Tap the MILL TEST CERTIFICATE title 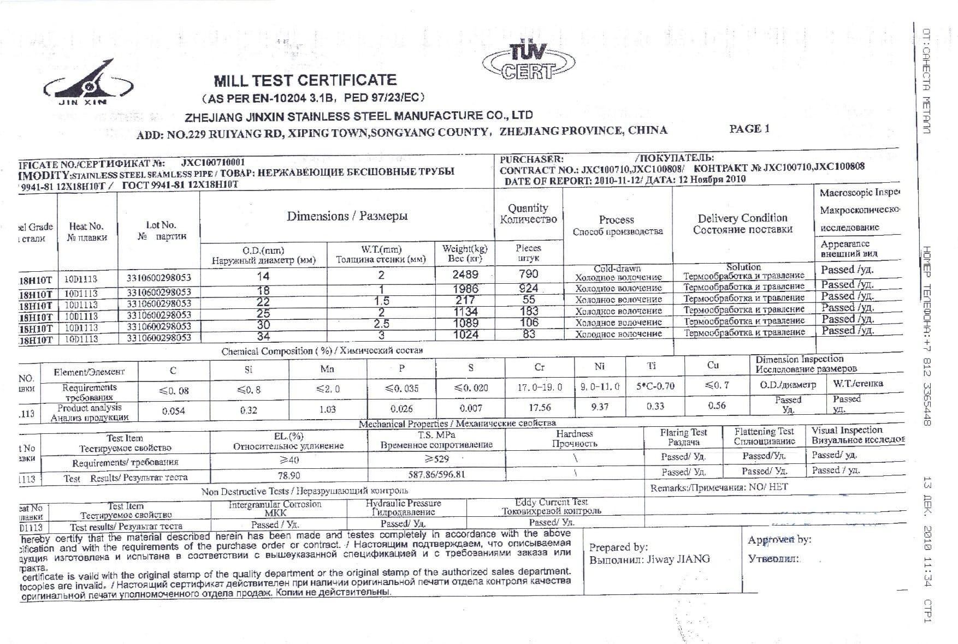(305, 81)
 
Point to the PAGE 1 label (749, 129)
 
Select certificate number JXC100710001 (213, 162)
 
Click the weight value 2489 (465, 275)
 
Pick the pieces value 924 (528, 288)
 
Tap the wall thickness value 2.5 (381, 324)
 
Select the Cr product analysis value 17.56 (540, 408)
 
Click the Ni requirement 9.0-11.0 (600, 386)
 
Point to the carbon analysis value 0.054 (173, 410)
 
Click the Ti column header (651, 366)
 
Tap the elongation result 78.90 (289, 475)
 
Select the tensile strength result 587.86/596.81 (436, 474)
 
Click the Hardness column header (574, 438)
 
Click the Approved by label (779, 540)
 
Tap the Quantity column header (528, 213)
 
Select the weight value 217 (465, 300)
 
